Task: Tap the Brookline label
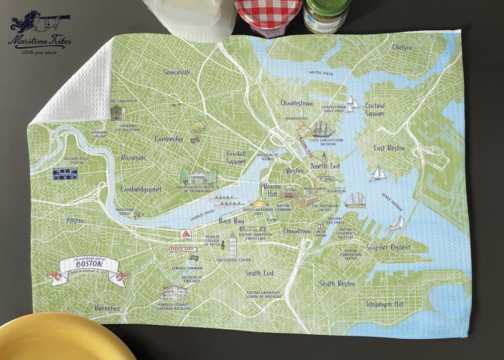pyautogui.click(x=107, y=308)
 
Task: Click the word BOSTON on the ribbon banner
pyautogui.click(x=88, y=266)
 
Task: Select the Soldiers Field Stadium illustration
pyautogui.click(x=65, y=174)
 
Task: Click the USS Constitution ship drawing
pyautogui.click(x=323, y=129)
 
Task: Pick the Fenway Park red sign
pyautogui.click(x=183, y=250)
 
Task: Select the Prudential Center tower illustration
pyautogui.click(x=232, y=245)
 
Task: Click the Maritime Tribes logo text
pyautogui.click(x=39, y=39)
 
